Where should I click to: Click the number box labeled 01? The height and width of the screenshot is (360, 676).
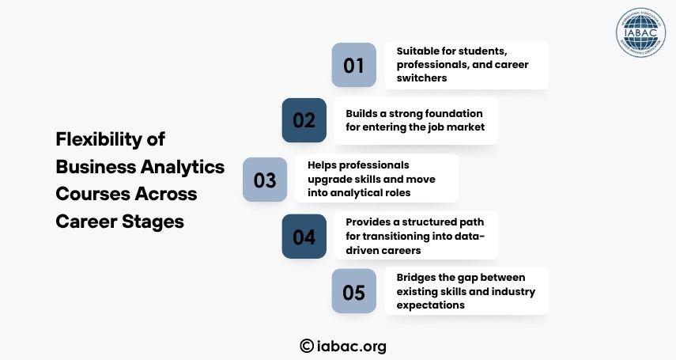(353, 65)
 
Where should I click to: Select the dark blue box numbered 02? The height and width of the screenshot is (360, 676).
(304, 120)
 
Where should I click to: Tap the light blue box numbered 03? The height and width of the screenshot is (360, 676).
(265, 180)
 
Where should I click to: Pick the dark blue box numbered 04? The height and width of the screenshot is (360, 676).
(304, 237)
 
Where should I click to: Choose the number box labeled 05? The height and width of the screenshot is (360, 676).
(353, 291)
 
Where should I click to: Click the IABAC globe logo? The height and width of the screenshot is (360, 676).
(640, 32)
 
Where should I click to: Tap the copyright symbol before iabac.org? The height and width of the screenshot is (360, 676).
(307, 346)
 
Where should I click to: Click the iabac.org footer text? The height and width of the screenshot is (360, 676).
(351, 347)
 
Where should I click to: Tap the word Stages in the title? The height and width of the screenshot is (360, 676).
(153, 222)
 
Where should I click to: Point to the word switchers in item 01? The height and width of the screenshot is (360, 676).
(421, 78)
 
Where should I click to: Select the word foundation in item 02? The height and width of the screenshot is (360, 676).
(455, 113)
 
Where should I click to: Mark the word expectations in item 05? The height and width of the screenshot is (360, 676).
(431, 305)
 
